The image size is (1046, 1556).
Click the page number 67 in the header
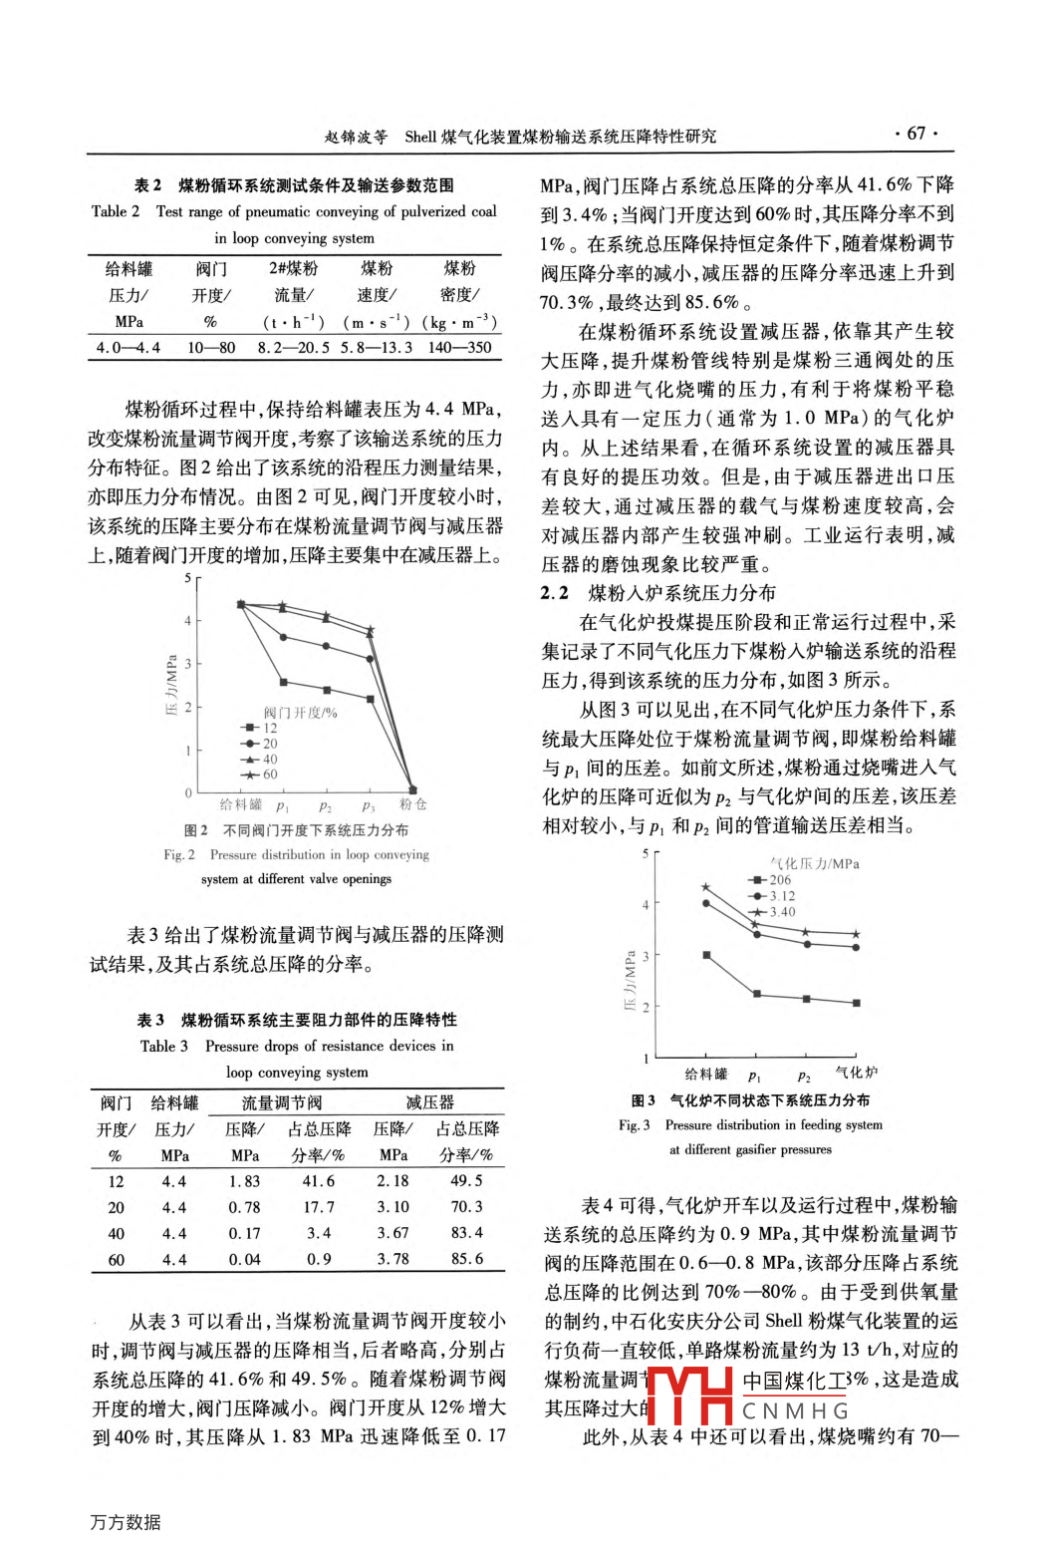pos(915,134)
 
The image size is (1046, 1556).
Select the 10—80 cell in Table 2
pos(211,348)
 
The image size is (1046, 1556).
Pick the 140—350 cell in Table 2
pos(459,348)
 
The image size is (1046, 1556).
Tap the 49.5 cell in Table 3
pos(466,1181)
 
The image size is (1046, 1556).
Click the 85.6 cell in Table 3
pos(466,1259)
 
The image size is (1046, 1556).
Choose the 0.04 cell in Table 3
pos(245,1260)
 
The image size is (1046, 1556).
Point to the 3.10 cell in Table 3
pos(392,1207)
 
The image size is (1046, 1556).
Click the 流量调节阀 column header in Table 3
pos(282,1103)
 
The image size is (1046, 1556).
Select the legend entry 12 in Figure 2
pos(262,729)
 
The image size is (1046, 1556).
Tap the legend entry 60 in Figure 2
pos(262,775)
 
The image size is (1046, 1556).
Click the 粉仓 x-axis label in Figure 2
pos(412,804)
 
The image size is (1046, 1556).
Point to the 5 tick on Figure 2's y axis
pos(187,578)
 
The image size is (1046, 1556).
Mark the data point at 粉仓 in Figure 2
pos(412,790)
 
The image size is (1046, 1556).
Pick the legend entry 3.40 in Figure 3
pos(774,912)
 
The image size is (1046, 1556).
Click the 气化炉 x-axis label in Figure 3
pos(856,1073)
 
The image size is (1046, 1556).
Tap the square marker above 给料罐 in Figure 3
pos(706,955)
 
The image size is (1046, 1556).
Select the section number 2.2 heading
pos(555,594)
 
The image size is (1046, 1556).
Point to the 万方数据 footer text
pos(126,1522)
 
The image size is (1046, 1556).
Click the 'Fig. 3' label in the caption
pos(634,1125)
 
